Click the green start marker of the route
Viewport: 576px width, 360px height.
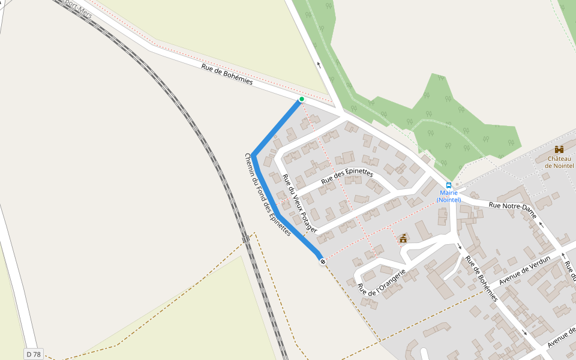(301, 99)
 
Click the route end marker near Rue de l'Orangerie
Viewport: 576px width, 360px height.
(323, 261)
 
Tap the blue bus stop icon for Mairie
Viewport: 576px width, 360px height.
(448, 185)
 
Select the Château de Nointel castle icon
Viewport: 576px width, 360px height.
(559, 149)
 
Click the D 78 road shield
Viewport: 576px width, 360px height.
(34, 354)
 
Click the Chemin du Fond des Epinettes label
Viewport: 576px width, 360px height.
(268, 194)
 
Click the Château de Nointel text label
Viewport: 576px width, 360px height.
(559, 162)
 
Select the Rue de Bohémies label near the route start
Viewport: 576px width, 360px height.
(227, 75)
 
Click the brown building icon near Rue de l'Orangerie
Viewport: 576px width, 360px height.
(403, 238)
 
